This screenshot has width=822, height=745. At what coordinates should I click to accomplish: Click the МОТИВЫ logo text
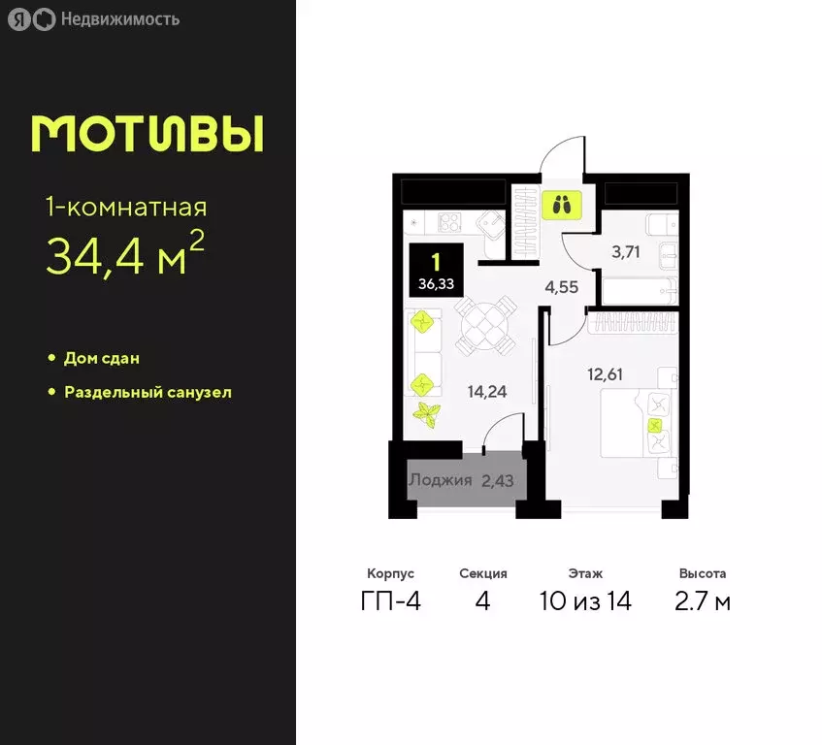[x=147, y=135]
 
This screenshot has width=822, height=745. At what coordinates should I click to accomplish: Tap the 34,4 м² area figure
[x=125, y=255]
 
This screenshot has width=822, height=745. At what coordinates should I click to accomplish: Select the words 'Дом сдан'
[x=101, y=358]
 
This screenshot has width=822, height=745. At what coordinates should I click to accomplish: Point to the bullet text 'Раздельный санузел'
[x=148, y=393]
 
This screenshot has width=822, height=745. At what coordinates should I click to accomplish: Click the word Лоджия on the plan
[x=440, y=480]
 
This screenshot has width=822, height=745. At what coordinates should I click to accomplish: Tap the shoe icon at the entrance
[x=562, y=205]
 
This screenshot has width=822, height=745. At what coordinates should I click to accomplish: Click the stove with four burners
[x=450, y=222]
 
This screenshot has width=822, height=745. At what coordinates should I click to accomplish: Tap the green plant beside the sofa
[x=426, y=412]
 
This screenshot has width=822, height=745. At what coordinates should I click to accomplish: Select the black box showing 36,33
[x=436, y=270]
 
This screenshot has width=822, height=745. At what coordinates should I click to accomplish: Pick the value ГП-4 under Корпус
[x=390, y=601]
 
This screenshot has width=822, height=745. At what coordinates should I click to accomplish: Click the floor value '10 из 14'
[x=585, y=601]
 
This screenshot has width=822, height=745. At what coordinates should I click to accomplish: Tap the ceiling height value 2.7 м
[x=703, y=601]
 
